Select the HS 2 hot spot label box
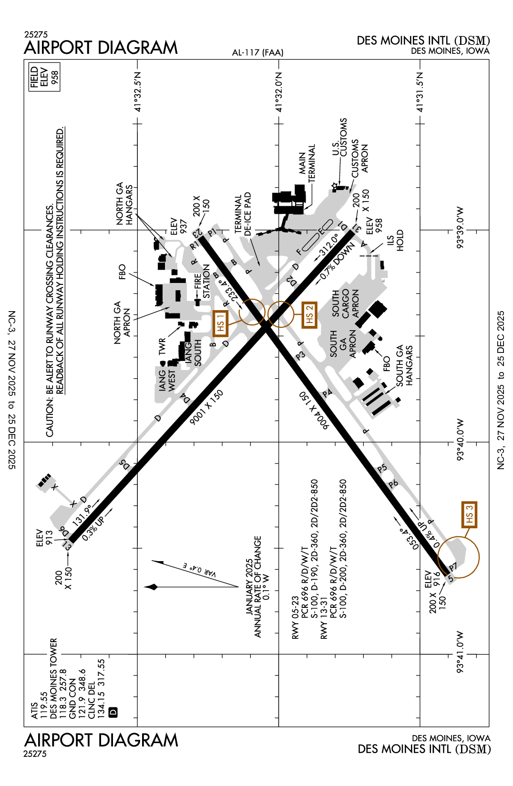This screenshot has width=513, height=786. [x=309, y=315]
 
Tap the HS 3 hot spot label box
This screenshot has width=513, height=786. [x=469, y=514]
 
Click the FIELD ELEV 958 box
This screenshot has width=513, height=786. [x=44, y=77]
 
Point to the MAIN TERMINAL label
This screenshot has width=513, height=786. [x=307, y=163]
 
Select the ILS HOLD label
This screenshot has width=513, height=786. [x=395, y=240]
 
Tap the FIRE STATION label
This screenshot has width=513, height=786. [x=202, y=282]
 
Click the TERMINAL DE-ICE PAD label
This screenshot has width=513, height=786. [x=243, y=214]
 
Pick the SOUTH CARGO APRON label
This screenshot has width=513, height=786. [x=345, y=303]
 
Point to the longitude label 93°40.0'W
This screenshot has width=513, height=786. [x=460, y=440]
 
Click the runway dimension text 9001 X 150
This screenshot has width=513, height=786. [x=206, y=408]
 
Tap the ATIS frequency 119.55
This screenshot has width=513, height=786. [x=43, y=705]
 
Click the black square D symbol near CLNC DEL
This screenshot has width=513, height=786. [x=113, y=712]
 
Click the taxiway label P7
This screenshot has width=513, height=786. [x=452, y=567]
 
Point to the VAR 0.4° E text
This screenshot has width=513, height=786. [x=200, y=569]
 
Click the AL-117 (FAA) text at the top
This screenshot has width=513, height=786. [x=257, y=52]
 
